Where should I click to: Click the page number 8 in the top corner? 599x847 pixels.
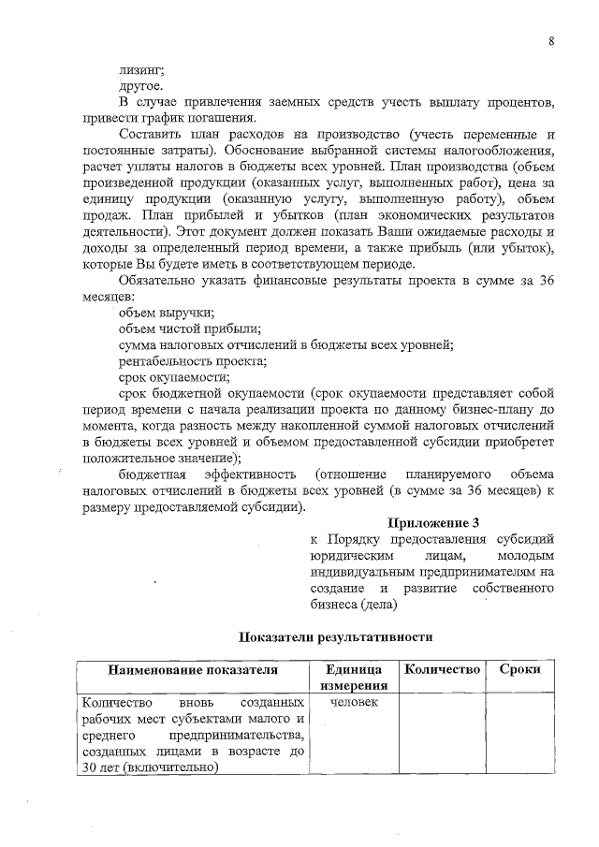551,41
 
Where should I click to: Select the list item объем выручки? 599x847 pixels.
167,313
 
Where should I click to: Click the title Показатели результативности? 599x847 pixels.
334,636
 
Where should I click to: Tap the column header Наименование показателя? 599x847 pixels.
193,670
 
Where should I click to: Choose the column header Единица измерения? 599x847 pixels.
354,678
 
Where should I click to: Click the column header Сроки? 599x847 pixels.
519,670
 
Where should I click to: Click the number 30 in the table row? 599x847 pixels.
92,767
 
